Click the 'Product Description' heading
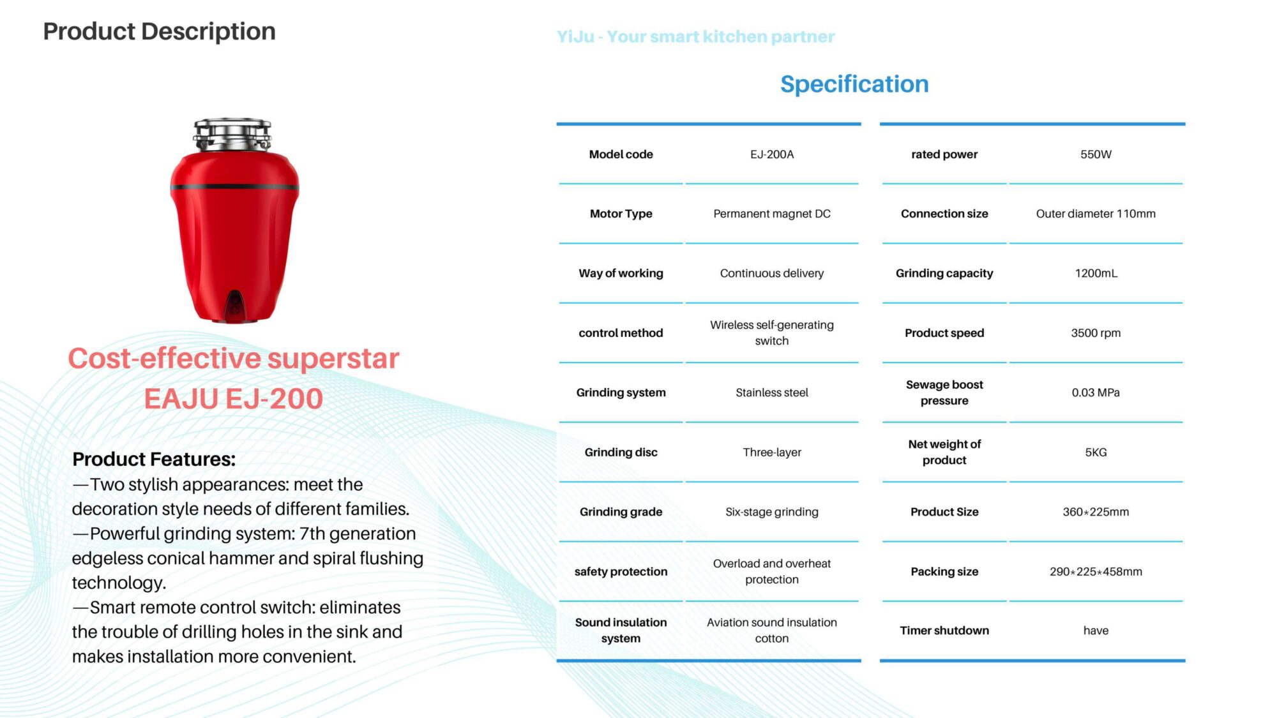click(x=159, y=31)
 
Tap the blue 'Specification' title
click(x=854, y=84)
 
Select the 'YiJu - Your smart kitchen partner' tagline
click(x=695, y=36)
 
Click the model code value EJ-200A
click(x=772, y=154)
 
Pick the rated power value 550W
click(x=1096, y=154)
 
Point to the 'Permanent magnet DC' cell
click(x=772, y=214)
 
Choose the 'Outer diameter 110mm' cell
click(x=1096, y=214)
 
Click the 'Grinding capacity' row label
click(x=944, y=273)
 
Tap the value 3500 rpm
click(x=1096, y=333)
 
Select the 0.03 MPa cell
click(x=1096, y=393)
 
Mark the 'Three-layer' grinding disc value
click(x=772, y=452)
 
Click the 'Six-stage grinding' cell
click(x=772, y=512)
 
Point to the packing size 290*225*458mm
click(x=1096, y=572)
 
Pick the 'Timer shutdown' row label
click(x=944, y=631)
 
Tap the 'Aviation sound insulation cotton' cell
click(x=772, y=631)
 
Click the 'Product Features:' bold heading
click(x=154, y=459)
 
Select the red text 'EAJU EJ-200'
click(x=233, y=399)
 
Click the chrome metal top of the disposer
click(x=232, y=134)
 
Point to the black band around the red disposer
click(x=234, y=187)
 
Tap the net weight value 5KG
click(x=1096, y=452)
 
